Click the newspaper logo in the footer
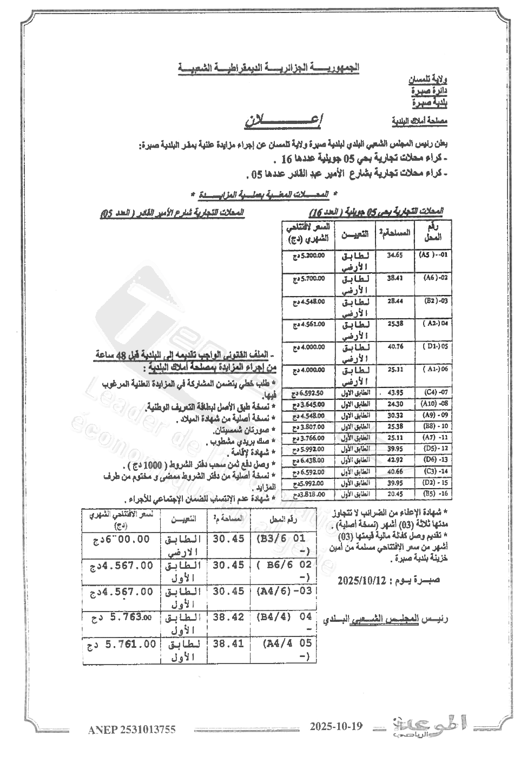427,727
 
